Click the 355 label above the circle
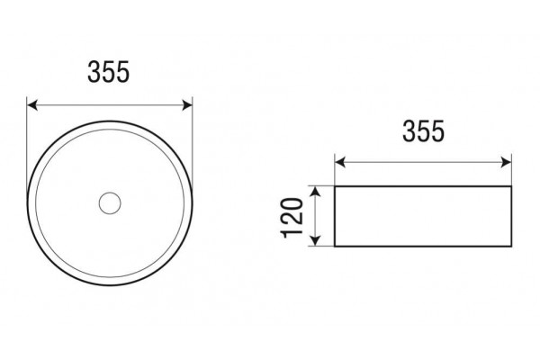[x=109, y=72]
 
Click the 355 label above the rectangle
[x=424, y=131]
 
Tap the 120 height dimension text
[x=292, y=218]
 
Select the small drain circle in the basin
[x=110, y=203]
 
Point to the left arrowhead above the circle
[x=32, y=105]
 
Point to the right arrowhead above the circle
[x=187, y=105]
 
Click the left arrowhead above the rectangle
[x=340, y=162]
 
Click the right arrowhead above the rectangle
[x=506, y=162]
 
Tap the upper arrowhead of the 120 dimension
[x=316, y=192]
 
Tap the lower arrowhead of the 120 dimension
[x=316, y=241]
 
